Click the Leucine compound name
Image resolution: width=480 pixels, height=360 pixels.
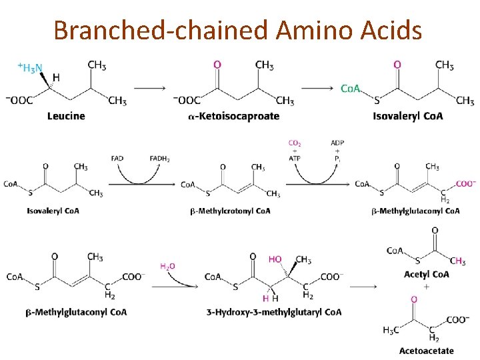66,116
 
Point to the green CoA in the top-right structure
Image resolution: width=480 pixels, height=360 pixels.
351,89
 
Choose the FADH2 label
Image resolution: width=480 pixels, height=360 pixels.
159,158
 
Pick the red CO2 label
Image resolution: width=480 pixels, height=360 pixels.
295,143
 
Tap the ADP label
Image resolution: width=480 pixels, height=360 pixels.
337,143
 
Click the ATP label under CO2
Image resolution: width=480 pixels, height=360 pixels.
295,158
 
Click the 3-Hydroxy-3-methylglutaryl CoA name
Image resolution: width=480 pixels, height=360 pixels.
273,312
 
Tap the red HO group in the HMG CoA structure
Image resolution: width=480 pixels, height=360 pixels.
275,259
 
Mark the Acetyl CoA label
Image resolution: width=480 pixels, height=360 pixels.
426,274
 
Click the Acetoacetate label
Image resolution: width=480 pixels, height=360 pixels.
426,351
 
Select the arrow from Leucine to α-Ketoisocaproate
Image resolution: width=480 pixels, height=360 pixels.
150,87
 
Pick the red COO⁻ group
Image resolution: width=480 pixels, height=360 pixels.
465,184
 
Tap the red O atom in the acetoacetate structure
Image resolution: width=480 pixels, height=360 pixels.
413,300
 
